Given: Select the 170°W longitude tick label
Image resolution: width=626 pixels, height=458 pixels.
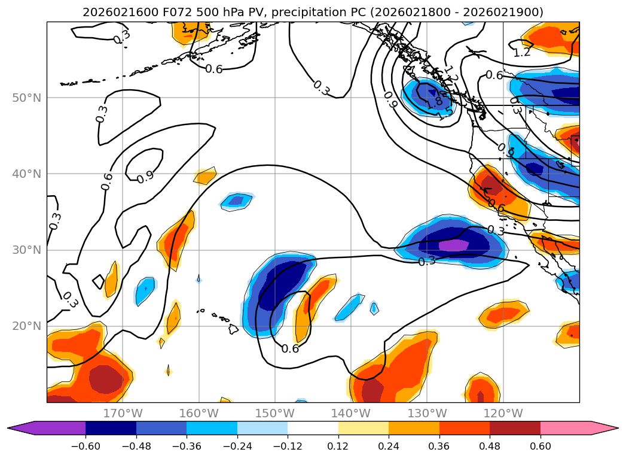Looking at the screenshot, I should coord(123,413).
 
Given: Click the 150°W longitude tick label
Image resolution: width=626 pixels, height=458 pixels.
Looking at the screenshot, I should coord(274,413).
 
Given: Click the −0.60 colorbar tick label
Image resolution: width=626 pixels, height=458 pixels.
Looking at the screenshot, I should coord(85,447).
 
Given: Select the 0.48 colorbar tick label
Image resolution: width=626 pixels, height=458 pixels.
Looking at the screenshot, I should coord(490,447).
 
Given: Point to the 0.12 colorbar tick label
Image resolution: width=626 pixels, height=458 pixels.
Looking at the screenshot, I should coord(338,447).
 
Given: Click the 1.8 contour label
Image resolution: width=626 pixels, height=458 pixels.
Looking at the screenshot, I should coord(434,104).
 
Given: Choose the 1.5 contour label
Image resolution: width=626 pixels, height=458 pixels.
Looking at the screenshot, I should coord(445,114).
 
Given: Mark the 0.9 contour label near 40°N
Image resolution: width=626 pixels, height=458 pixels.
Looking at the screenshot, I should coord(145,178).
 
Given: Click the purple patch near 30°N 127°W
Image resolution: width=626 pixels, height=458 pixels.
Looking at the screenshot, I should coord(454,245).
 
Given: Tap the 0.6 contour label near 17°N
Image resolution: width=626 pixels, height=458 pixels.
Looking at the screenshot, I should coord(290,348).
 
